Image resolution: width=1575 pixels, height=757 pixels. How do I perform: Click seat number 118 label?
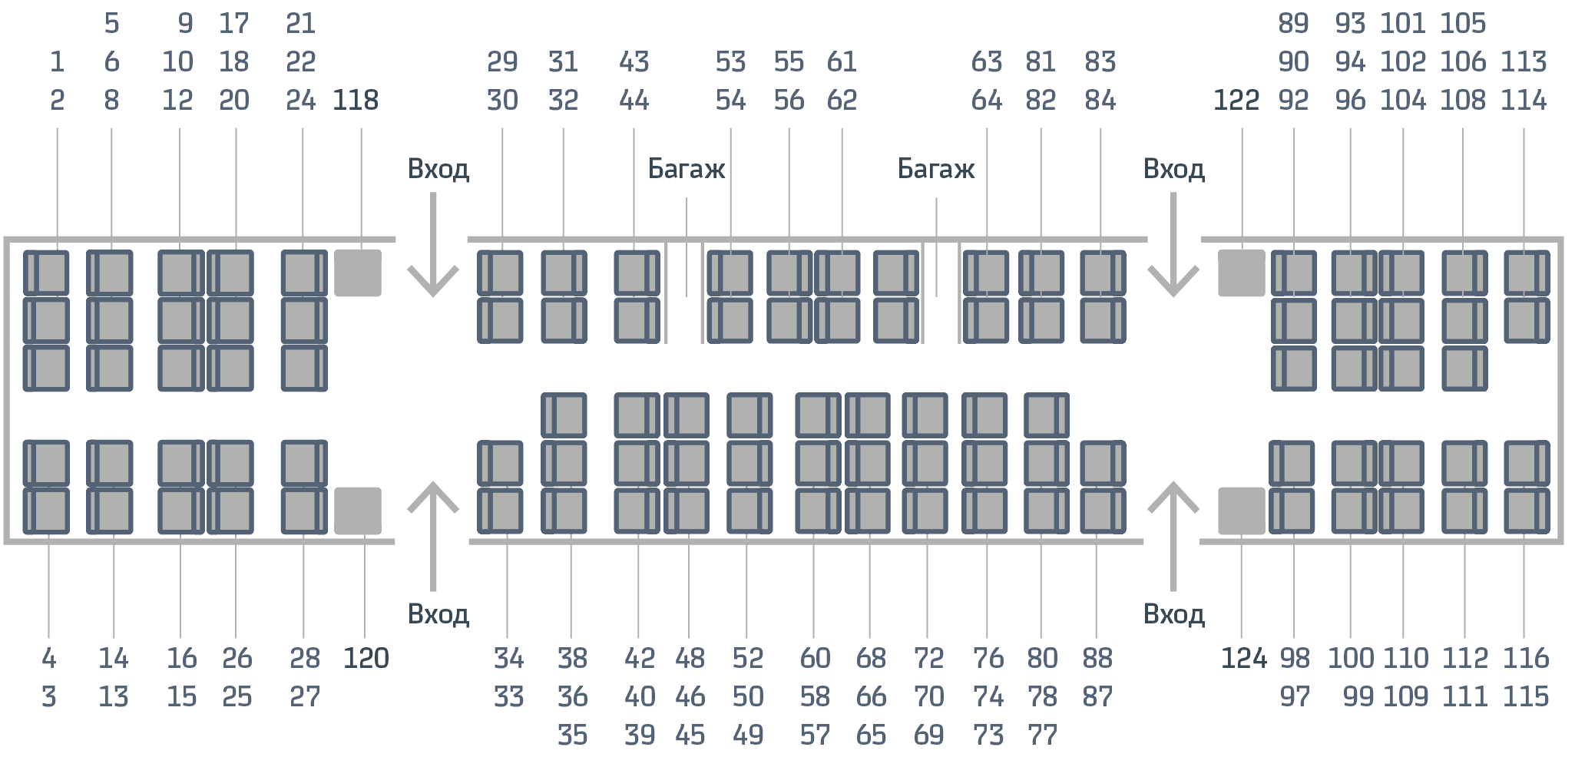tap(356, 101)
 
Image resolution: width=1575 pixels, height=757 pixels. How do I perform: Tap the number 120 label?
tap(366, 659)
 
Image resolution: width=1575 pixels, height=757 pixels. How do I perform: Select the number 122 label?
tap(1236, 101)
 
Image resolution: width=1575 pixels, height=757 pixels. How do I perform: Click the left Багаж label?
tap(687, 169)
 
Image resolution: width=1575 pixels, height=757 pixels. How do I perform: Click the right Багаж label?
tap(936, 169)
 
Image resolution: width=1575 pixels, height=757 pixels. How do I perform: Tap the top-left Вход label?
tap(438, 169)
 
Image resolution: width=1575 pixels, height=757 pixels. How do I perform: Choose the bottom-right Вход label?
tap(1173, 615)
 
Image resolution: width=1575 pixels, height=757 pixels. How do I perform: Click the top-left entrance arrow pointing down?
tap(433, 246)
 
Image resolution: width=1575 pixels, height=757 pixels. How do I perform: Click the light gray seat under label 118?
tap(358, 273)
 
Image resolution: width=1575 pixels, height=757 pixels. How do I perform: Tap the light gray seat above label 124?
tap(1241, 511)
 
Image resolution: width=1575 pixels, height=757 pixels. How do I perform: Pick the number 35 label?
tap(572, 736)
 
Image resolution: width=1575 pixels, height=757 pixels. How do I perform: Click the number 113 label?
tap(1524, 62)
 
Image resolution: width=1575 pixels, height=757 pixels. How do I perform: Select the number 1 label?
tap(57, 62)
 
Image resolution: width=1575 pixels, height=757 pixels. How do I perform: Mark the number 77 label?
tap(1042, 736)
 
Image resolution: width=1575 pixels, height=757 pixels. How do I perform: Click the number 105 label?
tap(1463, 24)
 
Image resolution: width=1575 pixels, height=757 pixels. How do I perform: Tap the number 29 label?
tap(502, 62)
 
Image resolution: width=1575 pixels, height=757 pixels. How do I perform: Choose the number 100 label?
tap(1351, 659)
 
